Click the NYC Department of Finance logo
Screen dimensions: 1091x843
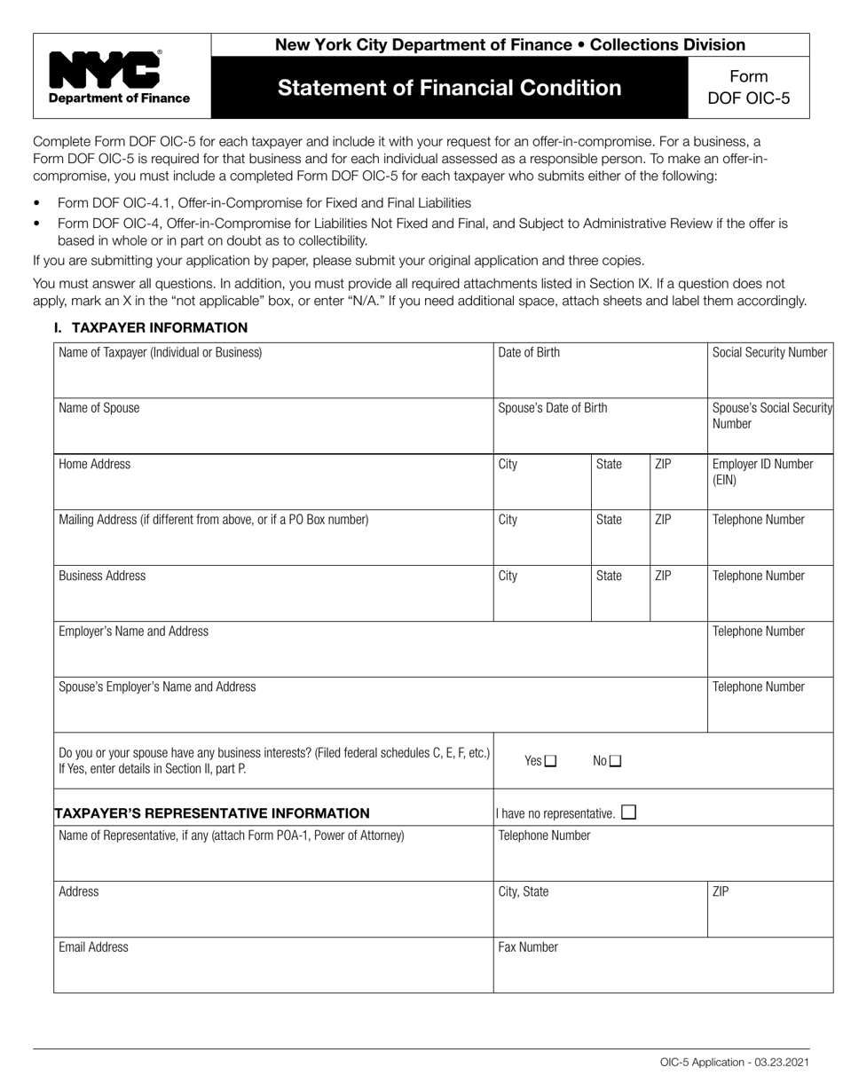coord(119,76)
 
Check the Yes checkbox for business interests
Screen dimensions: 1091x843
coord(550,761)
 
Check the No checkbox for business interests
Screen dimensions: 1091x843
coord(616,761)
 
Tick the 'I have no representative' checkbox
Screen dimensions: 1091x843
coord(628,812)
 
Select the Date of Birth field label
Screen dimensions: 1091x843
coord(529,352)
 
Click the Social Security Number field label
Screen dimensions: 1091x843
coord(769,352)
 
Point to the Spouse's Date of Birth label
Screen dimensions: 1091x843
coord(553,408)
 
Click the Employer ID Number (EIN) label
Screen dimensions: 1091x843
coord(762,472)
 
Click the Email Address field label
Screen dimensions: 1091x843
coord(93,946)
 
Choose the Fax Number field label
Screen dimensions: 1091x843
coord(528,946)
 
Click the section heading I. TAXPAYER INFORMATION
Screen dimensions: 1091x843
coord(151,327)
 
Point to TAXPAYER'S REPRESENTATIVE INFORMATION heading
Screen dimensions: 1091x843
coord(213,812)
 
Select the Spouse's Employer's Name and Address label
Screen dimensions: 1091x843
coord(157,687)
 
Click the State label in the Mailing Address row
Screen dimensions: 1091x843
coord(609,520)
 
